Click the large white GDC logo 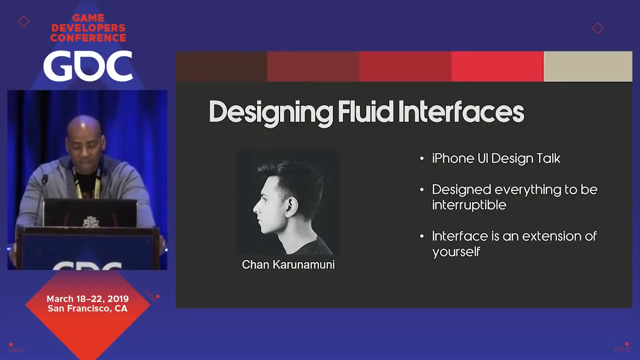pyautogui.click(x=88, y=65)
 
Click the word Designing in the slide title pyautogui.click(x=271, y=113)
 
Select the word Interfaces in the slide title pyautogui.click(x=461, y=111)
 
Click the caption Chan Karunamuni pyautogui.click(x=288, y=264)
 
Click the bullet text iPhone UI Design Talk pyautogui.click(x=496, y=159)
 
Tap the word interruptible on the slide pyautogui.click(x=469, y=205)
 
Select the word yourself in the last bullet pyautogui.click(x=456, y=252)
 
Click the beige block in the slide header pyautogui.click(x=587, y=66)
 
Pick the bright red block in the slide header pyautogui.click(x=497, y=66)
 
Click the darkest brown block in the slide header pyautogui.click(x=221, y=66)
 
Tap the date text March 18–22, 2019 pyautogui.click(x=87, y=299)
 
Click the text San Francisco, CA pyautogui.click(x=87, y=308)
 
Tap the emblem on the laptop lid pyautogui.click(x=91, y=222)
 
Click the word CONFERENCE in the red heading pyautogui.click(x=88, y=37)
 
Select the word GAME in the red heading pyautogui.click(x=88, y=18)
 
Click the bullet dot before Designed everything pyautogui.click(x=421, y=189)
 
